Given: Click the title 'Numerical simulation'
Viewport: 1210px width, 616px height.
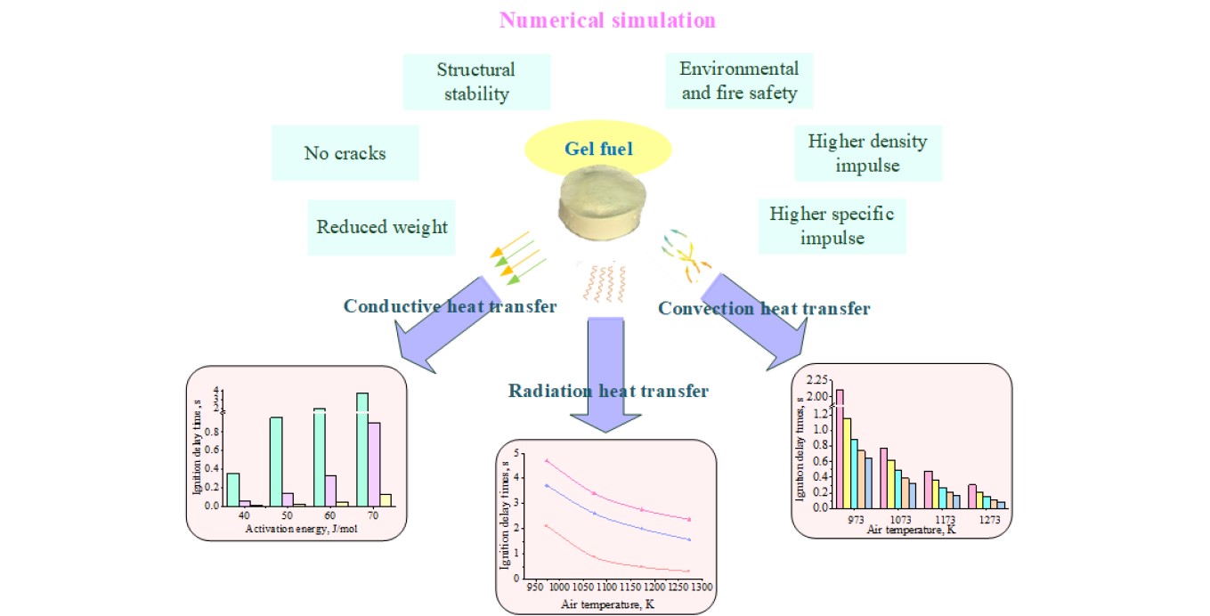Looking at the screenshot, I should [x=607, y=20].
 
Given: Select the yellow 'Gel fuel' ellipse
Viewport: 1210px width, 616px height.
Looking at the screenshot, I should [x=598, y=149].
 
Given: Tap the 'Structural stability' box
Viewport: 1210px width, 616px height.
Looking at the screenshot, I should [x=476, y=81].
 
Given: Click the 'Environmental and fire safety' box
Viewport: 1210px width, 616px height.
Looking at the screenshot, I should [x=738, y=80].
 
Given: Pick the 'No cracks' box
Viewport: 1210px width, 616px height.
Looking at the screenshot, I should [x=345, y=153].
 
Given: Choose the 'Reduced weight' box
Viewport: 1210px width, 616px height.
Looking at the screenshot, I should [x=382, y=227].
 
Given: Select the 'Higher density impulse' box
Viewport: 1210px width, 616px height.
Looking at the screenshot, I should [x=867, y=153].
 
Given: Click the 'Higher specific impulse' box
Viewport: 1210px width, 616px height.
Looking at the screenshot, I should [x=832, y=226].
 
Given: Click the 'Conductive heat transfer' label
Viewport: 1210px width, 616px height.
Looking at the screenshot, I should [x=450, y=306].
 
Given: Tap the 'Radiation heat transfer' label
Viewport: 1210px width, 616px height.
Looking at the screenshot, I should [x=608, y=391].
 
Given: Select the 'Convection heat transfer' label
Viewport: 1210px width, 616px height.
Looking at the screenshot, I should [x=763, y=308].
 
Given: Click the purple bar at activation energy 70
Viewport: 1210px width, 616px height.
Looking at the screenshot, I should [x=374, y=463].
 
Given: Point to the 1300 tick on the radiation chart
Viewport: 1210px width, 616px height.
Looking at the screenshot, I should [x=701, y=588].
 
